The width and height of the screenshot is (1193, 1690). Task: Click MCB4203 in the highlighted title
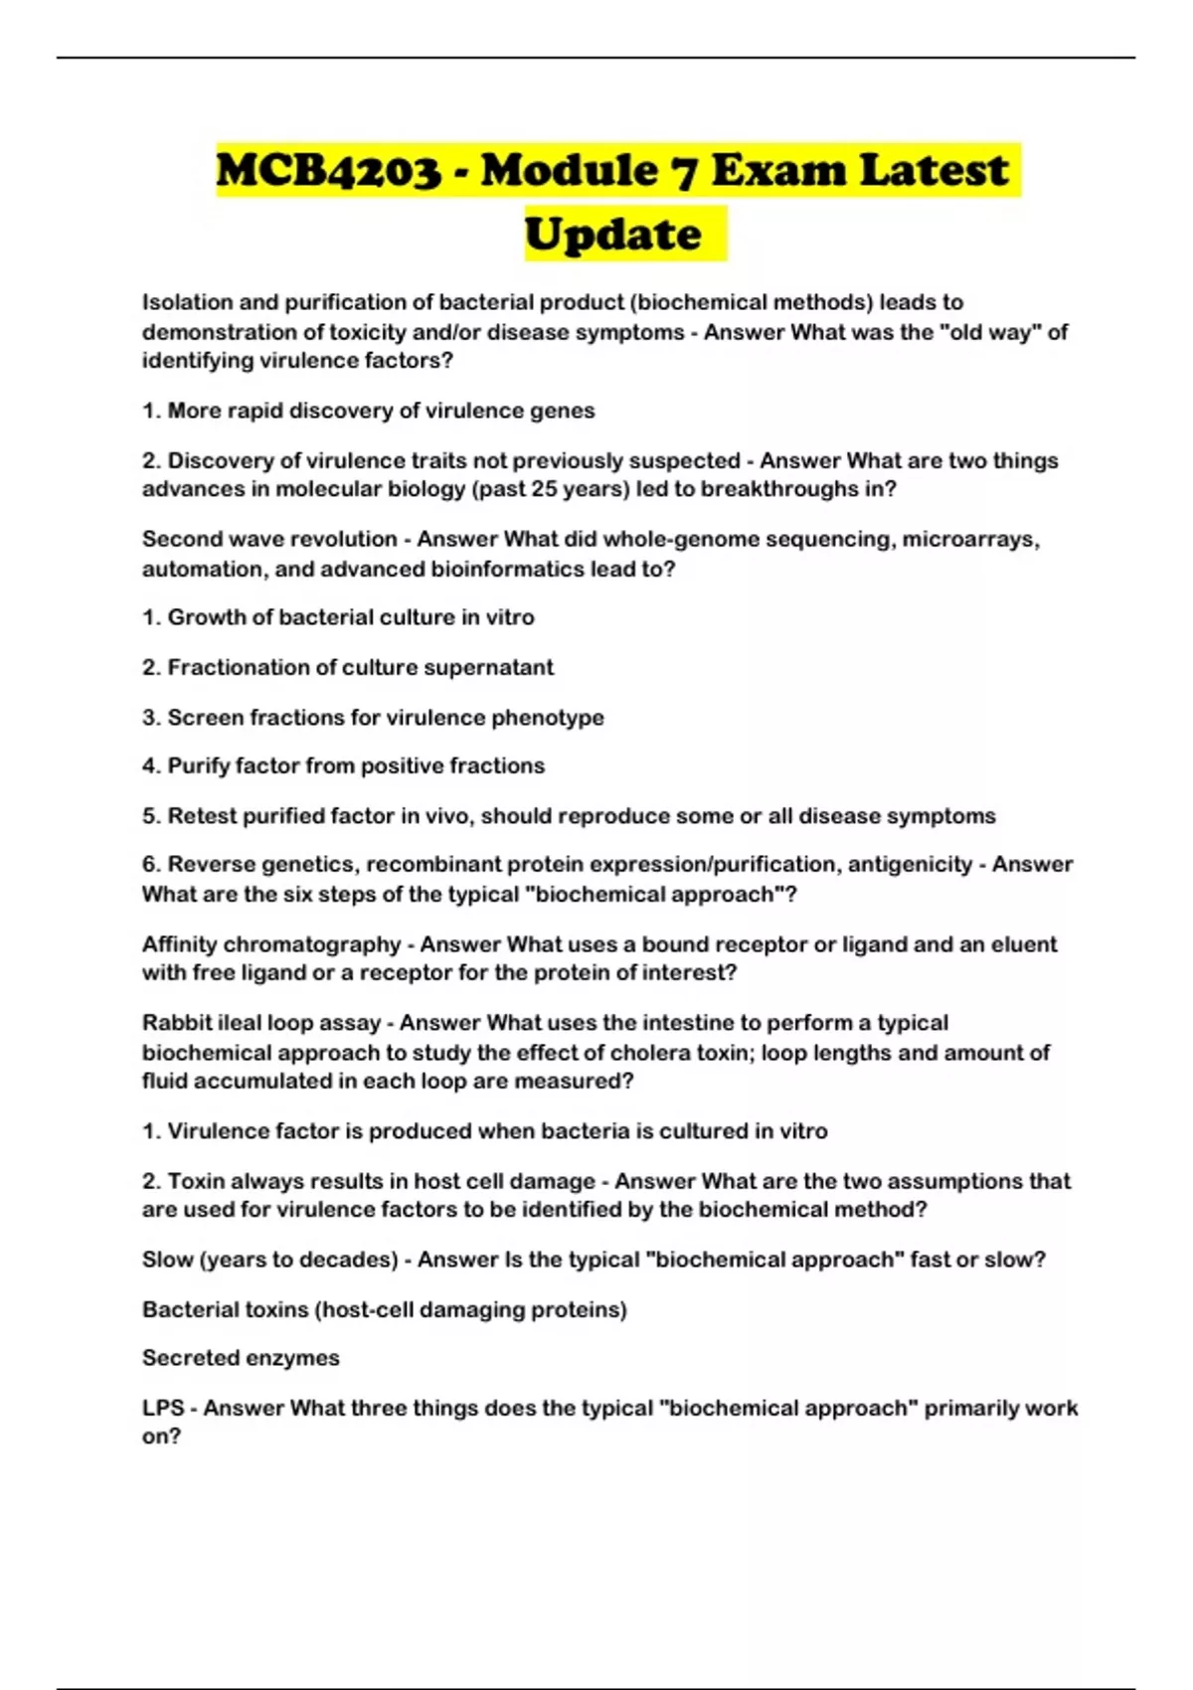(x=329, y=171)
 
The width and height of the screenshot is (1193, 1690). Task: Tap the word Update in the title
(x=612, y=236)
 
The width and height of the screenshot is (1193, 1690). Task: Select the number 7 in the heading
(x=683, y=171)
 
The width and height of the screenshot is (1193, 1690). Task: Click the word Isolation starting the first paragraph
(x=187, y=302)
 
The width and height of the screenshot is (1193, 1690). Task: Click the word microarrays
(x=969, y=539)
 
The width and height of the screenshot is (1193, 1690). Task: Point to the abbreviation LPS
(x=163, y=1408)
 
